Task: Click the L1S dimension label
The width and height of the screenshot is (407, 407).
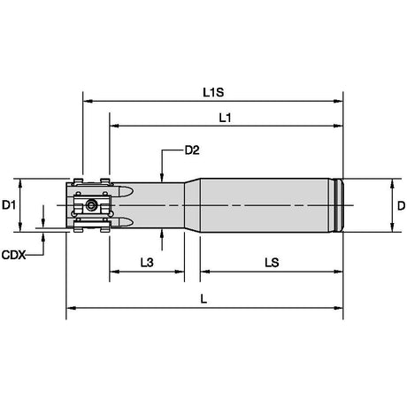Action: click(213, 93)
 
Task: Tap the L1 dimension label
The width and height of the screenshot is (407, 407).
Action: click(225, 118)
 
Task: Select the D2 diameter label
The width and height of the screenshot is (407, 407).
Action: click(192, 150)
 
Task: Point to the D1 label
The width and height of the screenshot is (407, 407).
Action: click(9, 204)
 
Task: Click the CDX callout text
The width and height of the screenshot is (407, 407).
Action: click(13, 255)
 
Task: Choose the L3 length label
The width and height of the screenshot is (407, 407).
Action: click(147, 262)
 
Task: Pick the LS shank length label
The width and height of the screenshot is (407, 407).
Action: click(272, 262)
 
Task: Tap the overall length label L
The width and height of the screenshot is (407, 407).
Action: click(203, 299)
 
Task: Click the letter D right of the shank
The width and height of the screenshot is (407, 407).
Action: click(401, 205)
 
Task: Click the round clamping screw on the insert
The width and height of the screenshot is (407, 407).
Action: click(91, 204)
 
